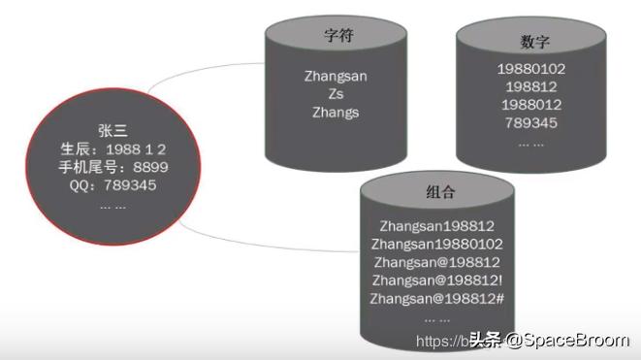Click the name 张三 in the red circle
pos(112,130)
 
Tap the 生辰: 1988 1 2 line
pos(112,148)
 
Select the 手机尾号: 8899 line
pos(112,167)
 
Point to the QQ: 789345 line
pos(112,185)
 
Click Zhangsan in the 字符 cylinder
pos(335,77)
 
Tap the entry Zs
pos(335,94)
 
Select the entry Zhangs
pos(335,112)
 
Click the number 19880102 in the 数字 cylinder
pos(530,70)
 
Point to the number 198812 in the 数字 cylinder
pos(530,87)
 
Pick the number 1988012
pos(530,105)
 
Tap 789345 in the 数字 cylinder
pos(530,122)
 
